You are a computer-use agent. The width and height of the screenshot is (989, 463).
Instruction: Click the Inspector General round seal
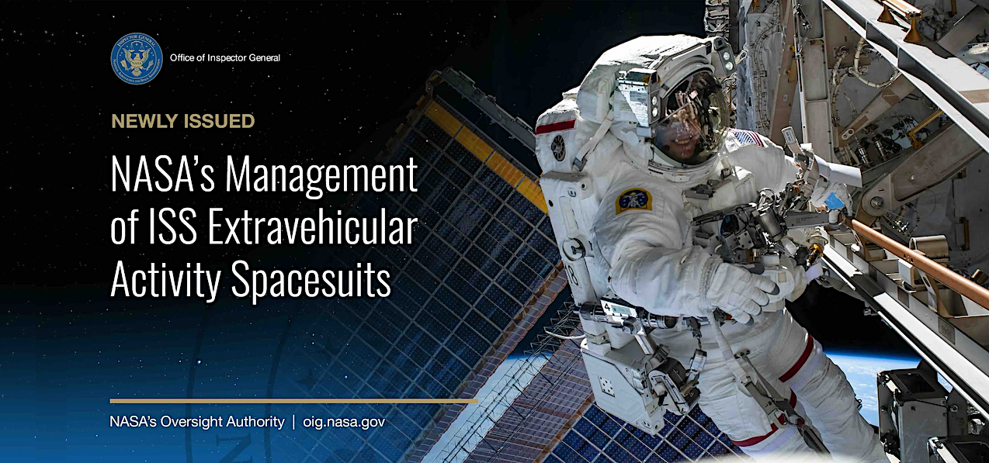pyautogui.click(x=137, y=58)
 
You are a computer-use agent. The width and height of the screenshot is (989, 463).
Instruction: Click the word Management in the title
pyautogui.click(x=321, y=176)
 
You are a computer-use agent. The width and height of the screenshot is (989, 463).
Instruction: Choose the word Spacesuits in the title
pyautogui.click(x=311, y=282)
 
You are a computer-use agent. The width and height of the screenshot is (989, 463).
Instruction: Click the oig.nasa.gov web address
pyautogui.click(x=344, y=422)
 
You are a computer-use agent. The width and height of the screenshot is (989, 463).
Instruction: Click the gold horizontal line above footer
pyautogui.click(x=293, y=401)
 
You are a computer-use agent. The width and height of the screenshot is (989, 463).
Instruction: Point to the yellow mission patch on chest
pyautogui.click(x=633, y=202)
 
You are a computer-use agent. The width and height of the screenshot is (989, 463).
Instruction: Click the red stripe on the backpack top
pyautogui.click(x=555, y=127)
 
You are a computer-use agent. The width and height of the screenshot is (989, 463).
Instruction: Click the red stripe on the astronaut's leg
pyautogui.click(x=797, y=359)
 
